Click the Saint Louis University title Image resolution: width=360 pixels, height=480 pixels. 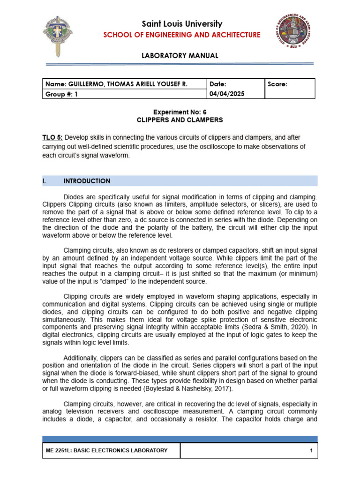(180, 24)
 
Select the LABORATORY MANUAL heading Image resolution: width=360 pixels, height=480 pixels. (180, 56)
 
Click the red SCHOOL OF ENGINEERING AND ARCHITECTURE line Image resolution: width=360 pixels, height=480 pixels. (180, 35)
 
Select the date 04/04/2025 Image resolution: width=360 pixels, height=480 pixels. (227, 93)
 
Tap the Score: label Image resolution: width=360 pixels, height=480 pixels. (278, 84)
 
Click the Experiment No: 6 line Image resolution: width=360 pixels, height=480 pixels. (180, 112)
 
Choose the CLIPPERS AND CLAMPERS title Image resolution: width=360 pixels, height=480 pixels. (180, 120)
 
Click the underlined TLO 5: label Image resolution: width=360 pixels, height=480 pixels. (52, 137)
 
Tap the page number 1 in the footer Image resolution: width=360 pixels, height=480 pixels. (311, 450)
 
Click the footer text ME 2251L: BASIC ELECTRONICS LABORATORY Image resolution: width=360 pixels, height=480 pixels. (106, 450)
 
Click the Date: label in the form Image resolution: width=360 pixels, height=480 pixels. (218, 84)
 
